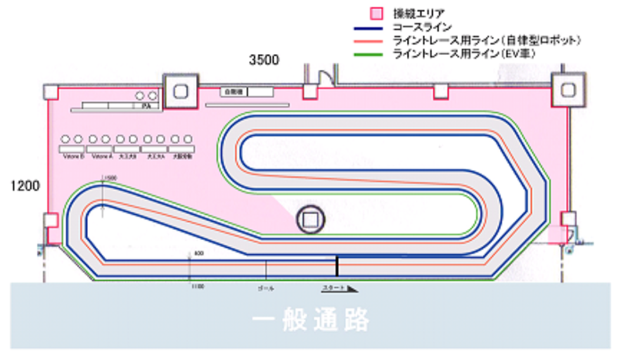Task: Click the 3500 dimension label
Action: (264, 61)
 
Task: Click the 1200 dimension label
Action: (25, 186)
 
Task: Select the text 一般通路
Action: (310, 321)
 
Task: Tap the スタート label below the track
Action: (334, 288)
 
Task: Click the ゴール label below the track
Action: (266, 288)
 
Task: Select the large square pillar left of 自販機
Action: (180, 91)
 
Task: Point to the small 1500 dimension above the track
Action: (110, 178)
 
